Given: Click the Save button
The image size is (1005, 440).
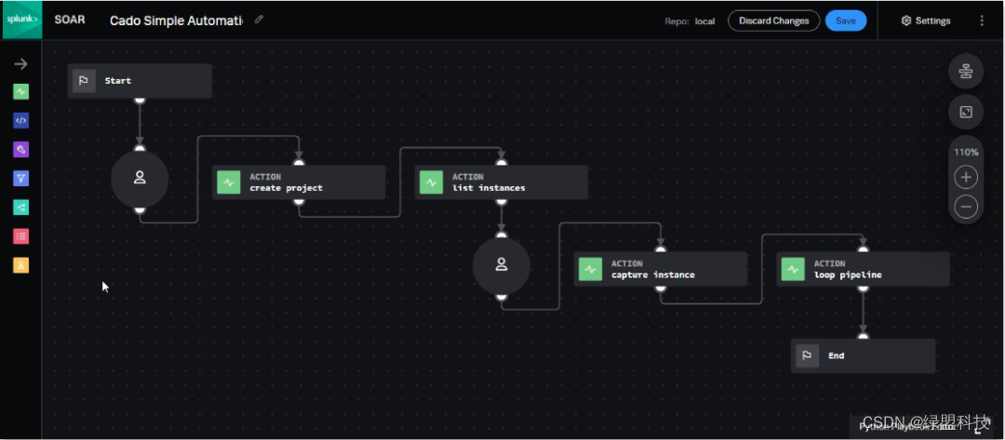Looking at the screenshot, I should point(845,20).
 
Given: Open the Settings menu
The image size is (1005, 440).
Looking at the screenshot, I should point(926,20).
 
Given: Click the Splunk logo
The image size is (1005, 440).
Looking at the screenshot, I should point(20,20).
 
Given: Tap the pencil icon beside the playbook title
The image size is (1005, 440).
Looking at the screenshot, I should point(259,20).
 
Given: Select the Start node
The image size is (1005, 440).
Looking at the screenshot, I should point(140,81).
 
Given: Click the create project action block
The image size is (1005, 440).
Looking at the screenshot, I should point(298,182).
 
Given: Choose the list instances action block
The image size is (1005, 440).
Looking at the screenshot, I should point(501,182).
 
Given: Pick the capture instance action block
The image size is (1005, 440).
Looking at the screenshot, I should point(660,270).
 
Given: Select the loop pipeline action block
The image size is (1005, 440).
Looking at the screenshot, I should point(863,270).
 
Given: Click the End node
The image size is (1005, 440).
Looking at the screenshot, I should point(863,355).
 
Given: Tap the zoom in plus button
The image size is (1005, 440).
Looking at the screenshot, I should point(966,178).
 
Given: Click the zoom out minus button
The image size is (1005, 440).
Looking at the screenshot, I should point(966,207).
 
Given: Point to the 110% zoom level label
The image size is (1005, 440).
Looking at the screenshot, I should point(966,152).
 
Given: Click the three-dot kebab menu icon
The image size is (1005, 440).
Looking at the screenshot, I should point(982,20).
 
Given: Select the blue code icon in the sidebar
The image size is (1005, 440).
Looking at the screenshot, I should point(20,120).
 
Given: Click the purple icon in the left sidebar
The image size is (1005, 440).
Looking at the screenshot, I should point(20,149).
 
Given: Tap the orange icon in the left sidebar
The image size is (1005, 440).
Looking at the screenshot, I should point(20,265).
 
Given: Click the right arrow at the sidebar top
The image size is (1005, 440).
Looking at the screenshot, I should point(20,64).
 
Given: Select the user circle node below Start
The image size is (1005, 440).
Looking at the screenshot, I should point(140,178).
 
